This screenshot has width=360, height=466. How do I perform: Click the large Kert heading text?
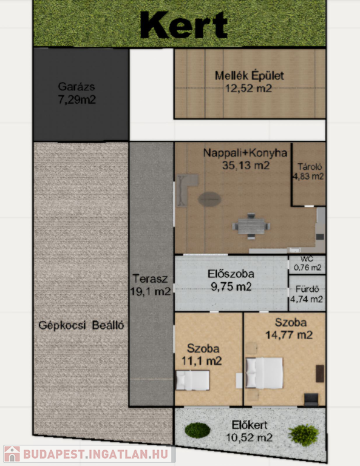point(184,25)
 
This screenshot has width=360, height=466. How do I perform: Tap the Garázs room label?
point(76,87)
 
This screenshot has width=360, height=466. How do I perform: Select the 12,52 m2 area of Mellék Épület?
point(248,88)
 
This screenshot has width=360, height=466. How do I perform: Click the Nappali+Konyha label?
point(245,153)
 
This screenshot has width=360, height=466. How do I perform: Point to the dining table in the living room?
point(251,226)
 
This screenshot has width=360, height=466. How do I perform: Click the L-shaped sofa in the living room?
point(185,189)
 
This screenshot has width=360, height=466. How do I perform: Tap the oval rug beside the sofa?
point(209,199)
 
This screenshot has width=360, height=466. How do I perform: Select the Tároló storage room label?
point(310,167)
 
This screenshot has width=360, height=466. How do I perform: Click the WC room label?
point(307,259)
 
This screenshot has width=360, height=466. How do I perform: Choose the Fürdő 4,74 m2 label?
point(307,294)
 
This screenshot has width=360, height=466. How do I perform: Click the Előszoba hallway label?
point(231,274)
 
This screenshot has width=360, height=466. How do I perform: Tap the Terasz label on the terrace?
point(150,279)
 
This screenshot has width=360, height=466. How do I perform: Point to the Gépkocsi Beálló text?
point(81,325)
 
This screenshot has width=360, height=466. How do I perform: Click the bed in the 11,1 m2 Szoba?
point(193,380)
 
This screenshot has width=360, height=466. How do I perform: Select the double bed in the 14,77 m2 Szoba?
point(264,373)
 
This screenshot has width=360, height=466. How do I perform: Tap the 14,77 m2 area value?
point(288,335)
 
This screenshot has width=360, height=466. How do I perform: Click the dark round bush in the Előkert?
point(198,430)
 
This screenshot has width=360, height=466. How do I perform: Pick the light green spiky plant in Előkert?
point(304,436)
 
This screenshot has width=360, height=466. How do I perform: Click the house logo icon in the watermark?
point(12,454)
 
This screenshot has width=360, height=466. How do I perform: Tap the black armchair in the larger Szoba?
point(311,400)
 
